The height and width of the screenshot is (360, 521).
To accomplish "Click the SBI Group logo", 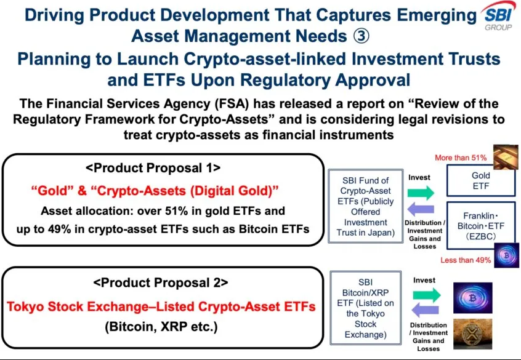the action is [x=498, y=17].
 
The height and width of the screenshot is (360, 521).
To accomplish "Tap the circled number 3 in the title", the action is [x=360, y=36].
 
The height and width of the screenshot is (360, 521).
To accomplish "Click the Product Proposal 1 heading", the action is [x=153, y=168].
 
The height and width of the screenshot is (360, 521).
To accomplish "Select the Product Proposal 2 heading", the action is [x=161, y=282].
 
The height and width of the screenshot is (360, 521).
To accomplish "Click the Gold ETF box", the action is [x=481, y=181].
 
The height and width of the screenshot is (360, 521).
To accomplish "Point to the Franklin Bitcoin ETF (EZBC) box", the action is [x=481, y=225].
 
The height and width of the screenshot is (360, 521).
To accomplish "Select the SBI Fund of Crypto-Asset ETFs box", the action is [x=365, y=206].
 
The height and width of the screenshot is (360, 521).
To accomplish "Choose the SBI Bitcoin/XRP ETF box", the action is [x=365, y=308].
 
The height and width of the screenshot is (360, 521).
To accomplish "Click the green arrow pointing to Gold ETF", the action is [x=421, y=193].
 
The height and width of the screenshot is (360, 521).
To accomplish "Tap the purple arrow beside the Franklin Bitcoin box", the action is [x=421, y=209].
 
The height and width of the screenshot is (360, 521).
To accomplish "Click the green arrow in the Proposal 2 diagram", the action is [x=427, y=295].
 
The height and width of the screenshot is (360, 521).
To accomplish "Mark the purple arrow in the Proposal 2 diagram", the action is [x=426, y=311].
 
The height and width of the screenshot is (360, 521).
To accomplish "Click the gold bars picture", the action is [x=506, y=157].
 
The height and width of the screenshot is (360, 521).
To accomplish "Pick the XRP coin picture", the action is [x=473, y=334].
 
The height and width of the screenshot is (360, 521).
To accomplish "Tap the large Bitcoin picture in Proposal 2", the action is [x=473, y=298].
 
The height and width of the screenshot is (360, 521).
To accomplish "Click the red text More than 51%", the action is [x=461, y=158].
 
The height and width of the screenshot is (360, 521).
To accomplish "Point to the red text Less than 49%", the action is [x=466, y=260].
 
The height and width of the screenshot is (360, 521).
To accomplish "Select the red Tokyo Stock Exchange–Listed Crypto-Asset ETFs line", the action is [x=161, y=306].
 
